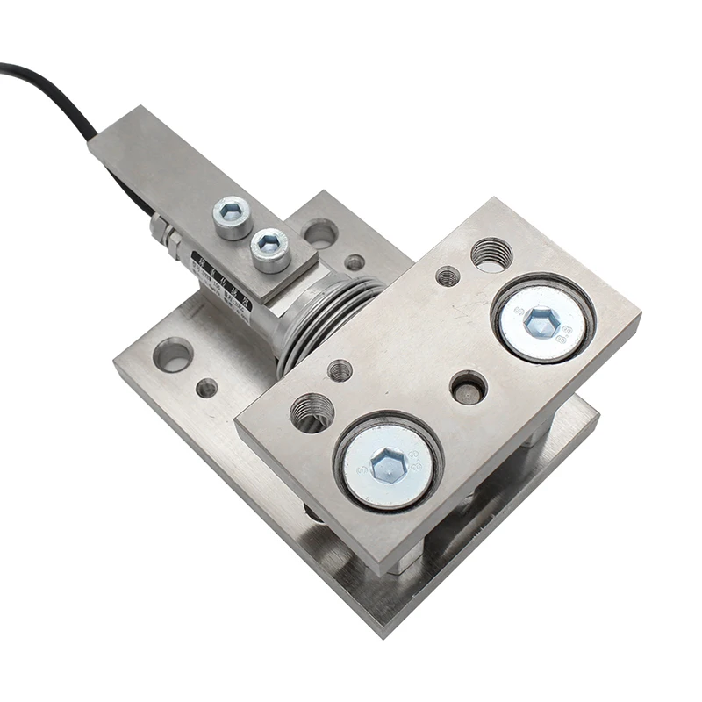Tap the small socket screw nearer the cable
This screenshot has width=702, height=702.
[232, 211]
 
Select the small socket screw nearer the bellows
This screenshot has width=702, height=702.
[269, 245]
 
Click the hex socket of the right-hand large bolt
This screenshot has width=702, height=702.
[541, 322]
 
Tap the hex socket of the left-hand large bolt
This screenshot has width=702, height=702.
[388, 464]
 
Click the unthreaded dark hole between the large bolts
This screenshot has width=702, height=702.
[468, 386]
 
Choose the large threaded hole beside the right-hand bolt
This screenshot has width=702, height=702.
[491, 254]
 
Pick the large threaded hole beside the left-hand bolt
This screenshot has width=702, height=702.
[312, 412]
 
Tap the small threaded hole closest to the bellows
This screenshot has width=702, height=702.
[340, 370]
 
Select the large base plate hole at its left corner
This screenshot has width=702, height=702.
[173, 355]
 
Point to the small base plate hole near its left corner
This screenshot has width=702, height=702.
[207, 387]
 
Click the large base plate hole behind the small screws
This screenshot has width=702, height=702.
[319, 233]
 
